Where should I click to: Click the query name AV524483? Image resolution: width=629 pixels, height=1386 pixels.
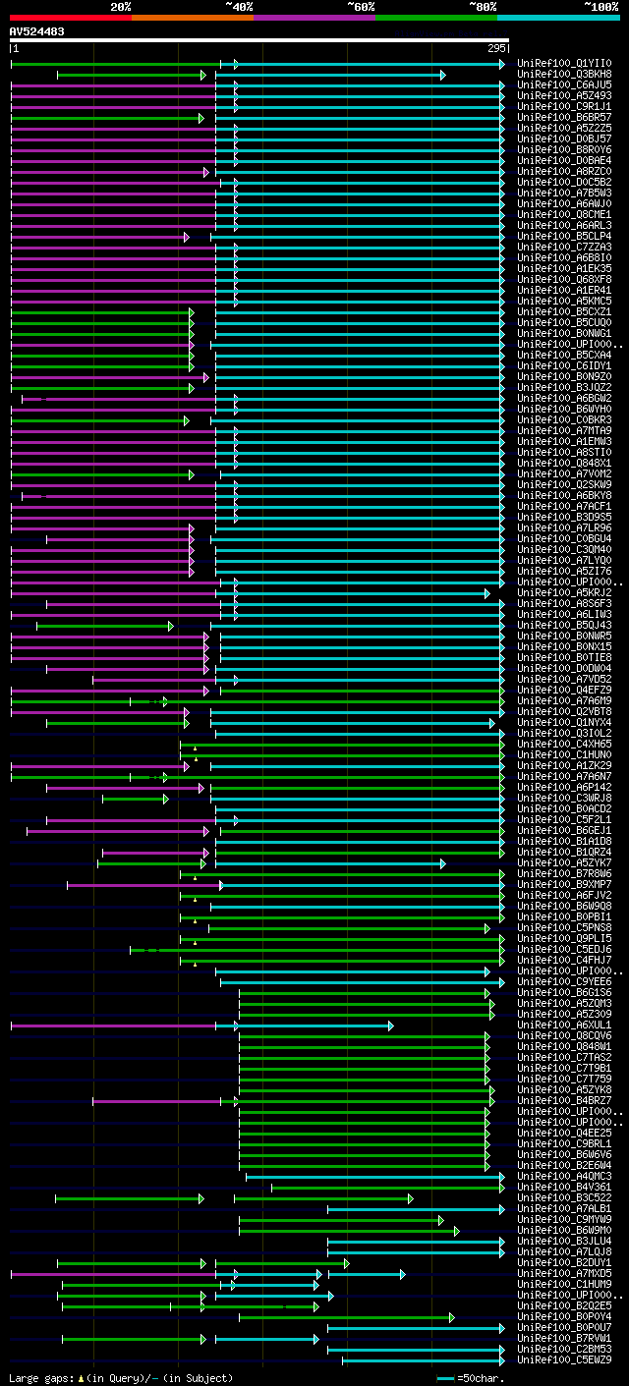tap(37, 31)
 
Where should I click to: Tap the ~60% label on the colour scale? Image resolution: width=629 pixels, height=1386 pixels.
tap(361, 7)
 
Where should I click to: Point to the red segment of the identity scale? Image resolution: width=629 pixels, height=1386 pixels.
tap(69, 17)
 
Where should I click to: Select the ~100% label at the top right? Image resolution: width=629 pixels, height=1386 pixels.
tap(600, 7)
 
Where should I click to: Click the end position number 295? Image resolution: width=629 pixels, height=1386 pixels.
tap(496, 48)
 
